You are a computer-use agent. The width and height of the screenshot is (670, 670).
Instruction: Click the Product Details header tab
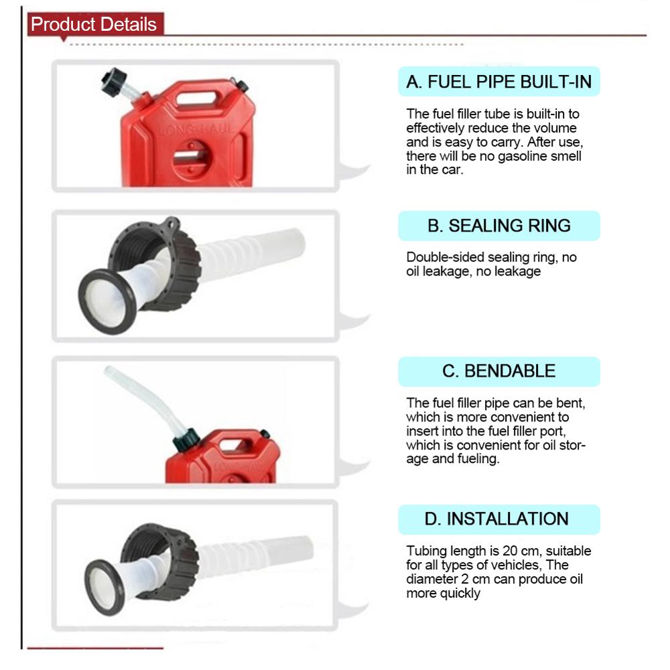pos(94,25)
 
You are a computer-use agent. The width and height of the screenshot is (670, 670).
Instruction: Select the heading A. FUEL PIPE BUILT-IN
pos(499,82)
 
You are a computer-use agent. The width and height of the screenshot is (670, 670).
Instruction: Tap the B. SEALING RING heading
pos(499,226)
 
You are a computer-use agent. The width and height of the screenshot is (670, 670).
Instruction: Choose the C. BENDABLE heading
pos(499,371)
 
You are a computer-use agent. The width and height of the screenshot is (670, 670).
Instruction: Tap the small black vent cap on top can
pos(242,86)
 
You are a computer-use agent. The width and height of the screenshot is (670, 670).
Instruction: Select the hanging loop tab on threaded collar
pos(172,224)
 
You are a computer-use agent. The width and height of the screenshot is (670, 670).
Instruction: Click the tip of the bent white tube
pos(107,370)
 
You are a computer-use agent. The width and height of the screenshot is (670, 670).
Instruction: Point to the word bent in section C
pos(577,403)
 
